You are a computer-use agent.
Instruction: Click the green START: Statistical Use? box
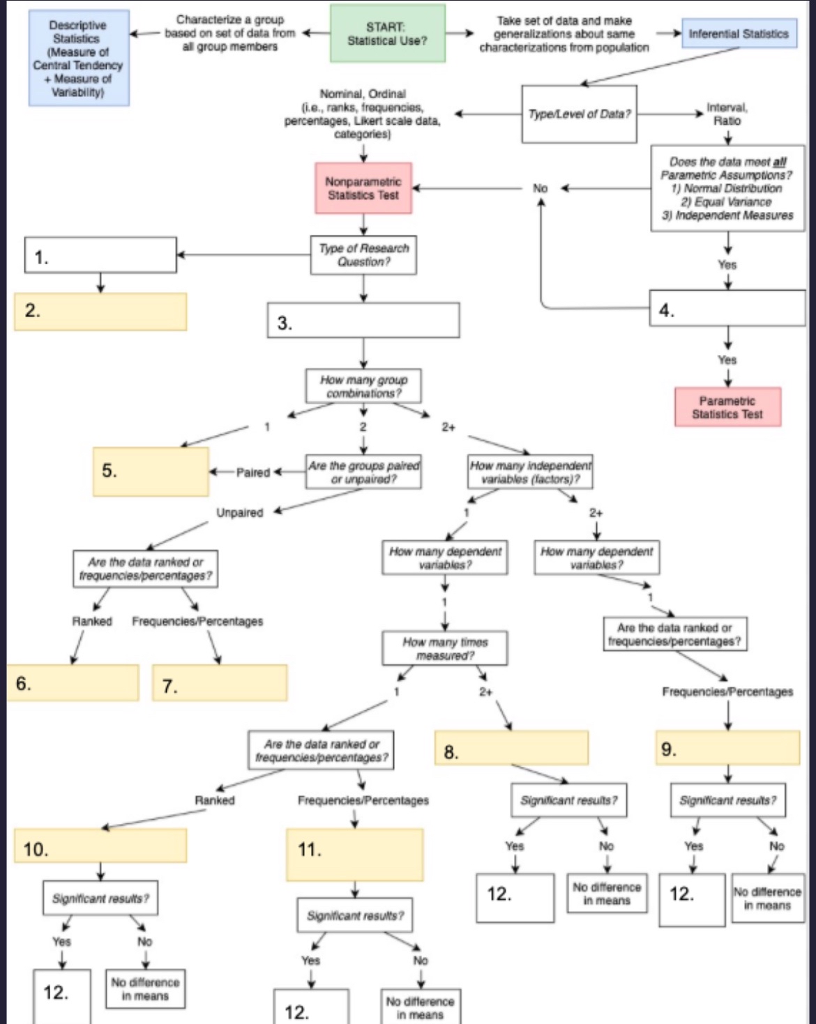(388, 33)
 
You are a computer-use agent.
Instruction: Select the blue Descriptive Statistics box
(79, 58)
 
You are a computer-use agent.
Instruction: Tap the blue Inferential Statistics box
(739, 33)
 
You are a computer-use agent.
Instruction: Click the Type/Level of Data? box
(579, 114)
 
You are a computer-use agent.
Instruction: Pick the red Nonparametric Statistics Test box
(363, 188)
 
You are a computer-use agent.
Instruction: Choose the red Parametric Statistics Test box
(727, 407)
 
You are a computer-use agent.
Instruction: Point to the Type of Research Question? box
(363, 255)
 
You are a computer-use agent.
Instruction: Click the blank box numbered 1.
(100, 255)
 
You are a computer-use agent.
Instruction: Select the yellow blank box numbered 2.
(100, 312)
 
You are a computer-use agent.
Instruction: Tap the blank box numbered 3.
(363, 320)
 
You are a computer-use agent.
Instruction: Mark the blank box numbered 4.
(727, 308)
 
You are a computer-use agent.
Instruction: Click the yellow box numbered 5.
(151, 471)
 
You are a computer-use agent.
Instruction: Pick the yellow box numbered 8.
(511, 748)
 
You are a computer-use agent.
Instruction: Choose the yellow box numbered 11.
(355, 855)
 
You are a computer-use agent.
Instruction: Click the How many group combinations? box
(363, 386)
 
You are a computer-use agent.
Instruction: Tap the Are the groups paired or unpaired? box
(363, 471)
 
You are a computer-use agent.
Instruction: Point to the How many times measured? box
(445, 648)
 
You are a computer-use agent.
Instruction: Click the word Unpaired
(239, 512)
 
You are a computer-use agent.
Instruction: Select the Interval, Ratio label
(727, 114)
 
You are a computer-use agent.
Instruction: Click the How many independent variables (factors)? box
(530, 471)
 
